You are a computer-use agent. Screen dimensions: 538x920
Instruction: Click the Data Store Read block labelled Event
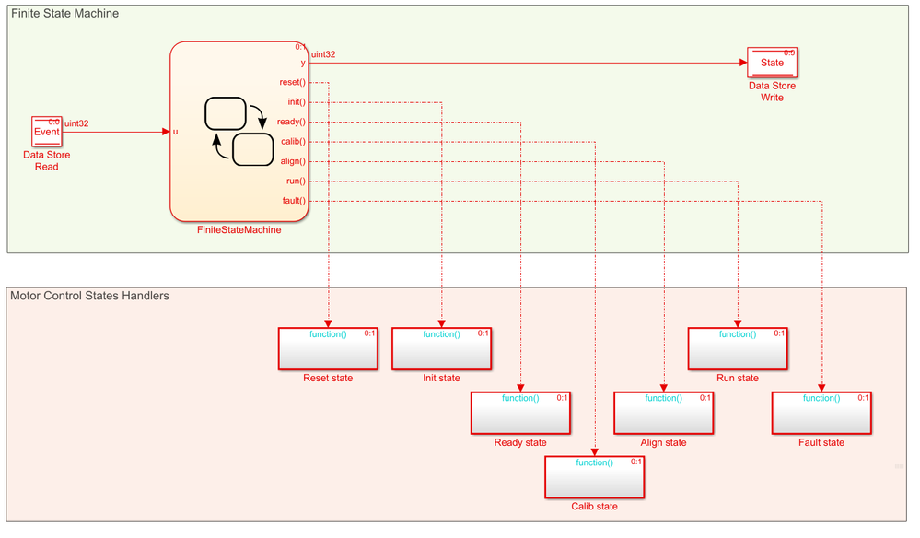(x=46, y=132)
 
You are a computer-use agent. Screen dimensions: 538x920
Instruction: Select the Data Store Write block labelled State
(x=772, y=63)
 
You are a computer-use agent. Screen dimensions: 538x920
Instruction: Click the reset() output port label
(x=293, y=83)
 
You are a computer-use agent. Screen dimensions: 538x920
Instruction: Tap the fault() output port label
(x=294, y=201)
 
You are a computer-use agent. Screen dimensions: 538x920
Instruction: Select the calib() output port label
(x=293, y=142)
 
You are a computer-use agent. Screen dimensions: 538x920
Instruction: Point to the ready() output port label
(x=291, y=122)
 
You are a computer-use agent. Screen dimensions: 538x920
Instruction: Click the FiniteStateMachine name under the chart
(x=239, y=230)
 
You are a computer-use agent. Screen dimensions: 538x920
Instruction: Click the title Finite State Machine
(x=64, y=14)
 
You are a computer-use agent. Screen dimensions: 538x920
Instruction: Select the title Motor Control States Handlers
(x=89, y=296)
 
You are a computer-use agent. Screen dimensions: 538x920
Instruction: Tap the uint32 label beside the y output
(x=323, y=54)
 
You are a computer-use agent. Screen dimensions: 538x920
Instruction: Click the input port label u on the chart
(x=176, y=132)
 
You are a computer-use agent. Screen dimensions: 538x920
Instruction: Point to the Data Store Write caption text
(x=772, y=91)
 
